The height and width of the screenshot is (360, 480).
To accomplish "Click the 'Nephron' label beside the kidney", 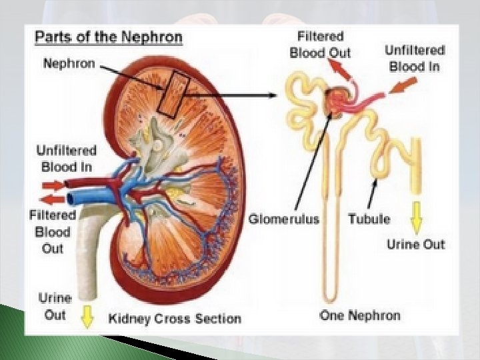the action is [x=69, y=63].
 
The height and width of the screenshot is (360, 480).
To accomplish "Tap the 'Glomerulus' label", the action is [x=284, y=218].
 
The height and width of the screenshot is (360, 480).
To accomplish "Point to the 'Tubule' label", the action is [x=369, y=218].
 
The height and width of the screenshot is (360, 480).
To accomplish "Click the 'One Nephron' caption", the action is [x=360, y=315].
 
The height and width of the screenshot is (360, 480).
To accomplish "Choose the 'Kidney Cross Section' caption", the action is [x=174, y=318].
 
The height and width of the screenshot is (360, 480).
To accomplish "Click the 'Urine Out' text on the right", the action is [x=415, y=244].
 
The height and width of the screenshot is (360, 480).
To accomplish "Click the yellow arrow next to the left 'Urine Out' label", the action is [x=87, y=319].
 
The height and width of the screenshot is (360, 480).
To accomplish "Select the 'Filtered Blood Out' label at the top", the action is [x=321, y=44].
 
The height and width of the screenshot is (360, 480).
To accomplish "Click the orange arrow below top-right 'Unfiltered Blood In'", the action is [x=402, y=86].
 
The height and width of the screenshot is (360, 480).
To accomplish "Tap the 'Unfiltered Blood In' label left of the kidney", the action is [x=67, y=159].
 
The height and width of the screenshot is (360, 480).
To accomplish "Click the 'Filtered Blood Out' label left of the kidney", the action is [x=53, y=231].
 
